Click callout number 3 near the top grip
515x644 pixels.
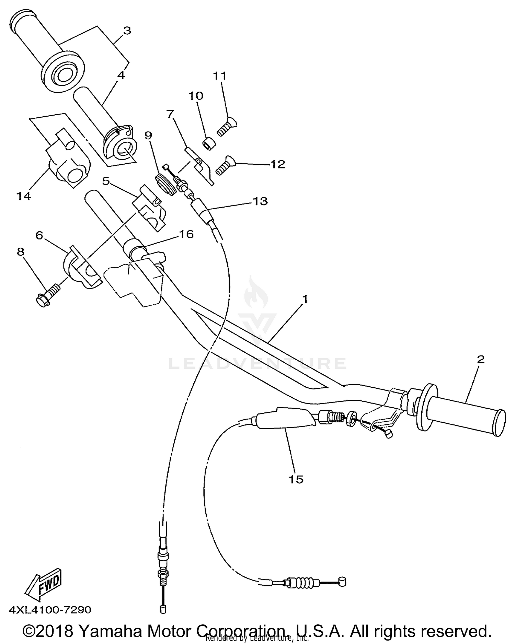127,31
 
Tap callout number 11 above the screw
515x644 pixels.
220,76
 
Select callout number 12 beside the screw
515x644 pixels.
277,164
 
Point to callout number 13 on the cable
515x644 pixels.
260,201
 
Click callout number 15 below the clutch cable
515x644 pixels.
296,479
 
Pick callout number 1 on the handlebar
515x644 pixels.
305,299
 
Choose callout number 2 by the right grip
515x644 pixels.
480,359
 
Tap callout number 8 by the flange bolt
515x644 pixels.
21,252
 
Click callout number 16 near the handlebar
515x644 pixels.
186,234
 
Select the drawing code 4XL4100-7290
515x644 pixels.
50,610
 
